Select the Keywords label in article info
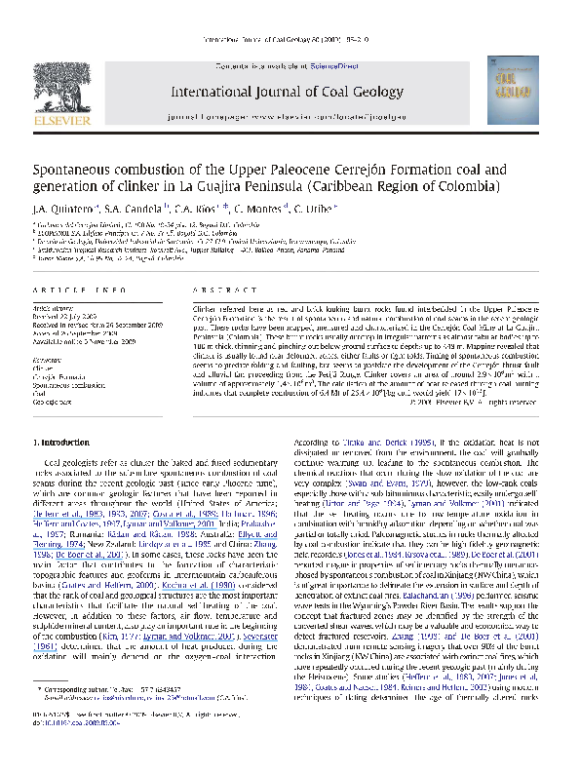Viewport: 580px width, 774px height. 45,361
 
